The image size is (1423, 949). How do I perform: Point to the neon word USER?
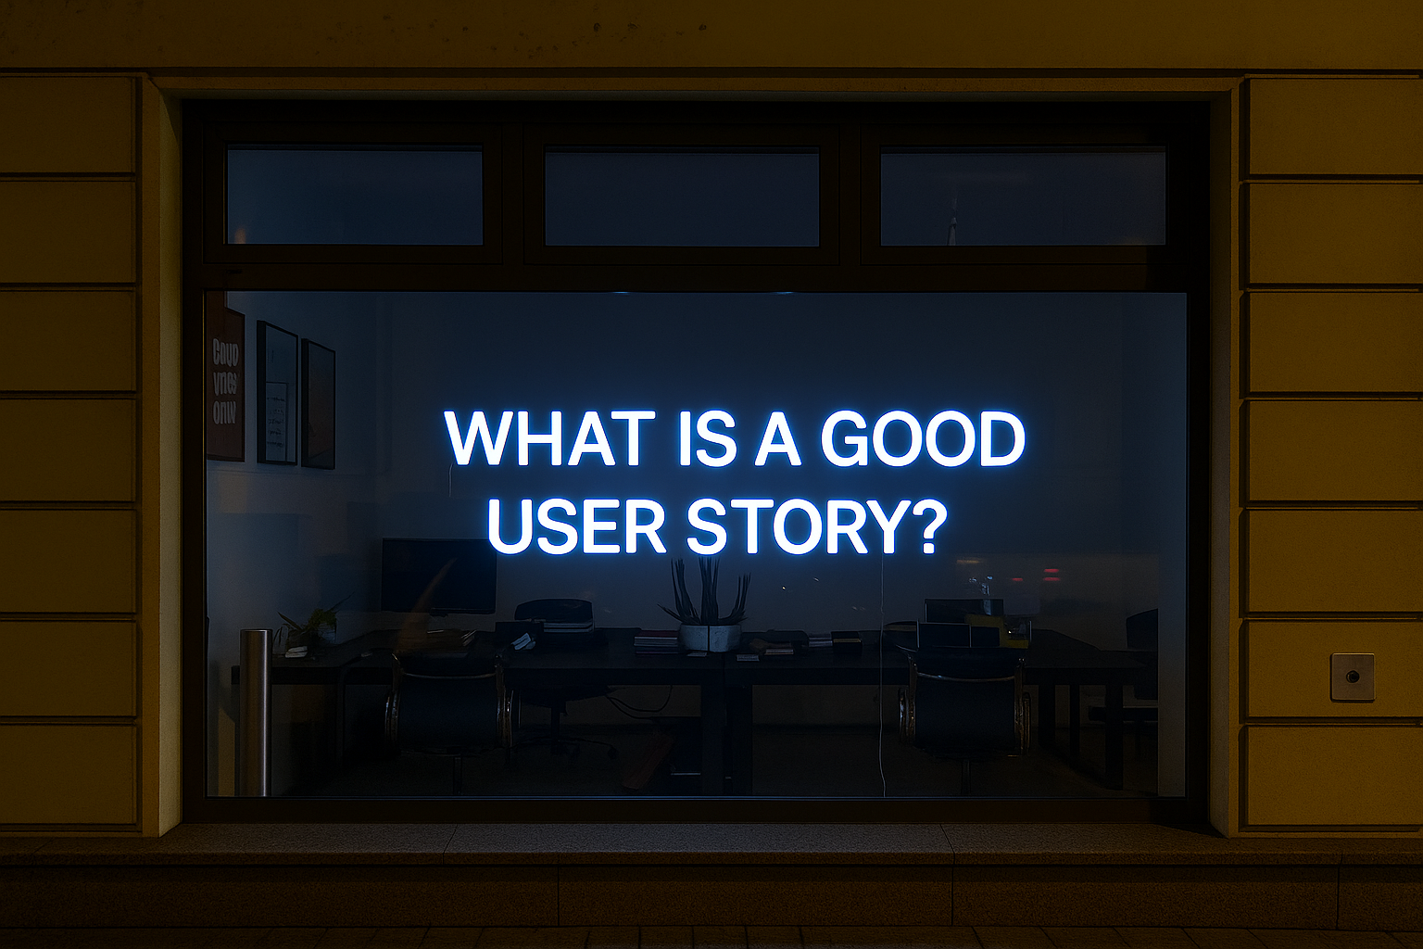click(576, 525)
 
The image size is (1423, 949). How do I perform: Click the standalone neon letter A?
click(777, 438)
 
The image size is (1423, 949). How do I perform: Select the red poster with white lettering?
click(225, 383)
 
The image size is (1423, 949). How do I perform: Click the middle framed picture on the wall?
click(276, 394)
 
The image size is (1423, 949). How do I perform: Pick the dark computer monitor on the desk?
click(438, 575)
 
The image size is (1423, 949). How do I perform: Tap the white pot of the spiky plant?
click(710, 637)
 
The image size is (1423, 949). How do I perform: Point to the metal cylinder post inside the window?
click(254, 712)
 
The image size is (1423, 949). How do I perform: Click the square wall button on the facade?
click(1352, 677)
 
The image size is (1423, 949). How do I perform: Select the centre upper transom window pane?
click(681, 198)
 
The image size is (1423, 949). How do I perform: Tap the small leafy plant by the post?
click(310, 626)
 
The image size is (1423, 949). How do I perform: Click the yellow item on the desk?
click(1005, 629)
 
